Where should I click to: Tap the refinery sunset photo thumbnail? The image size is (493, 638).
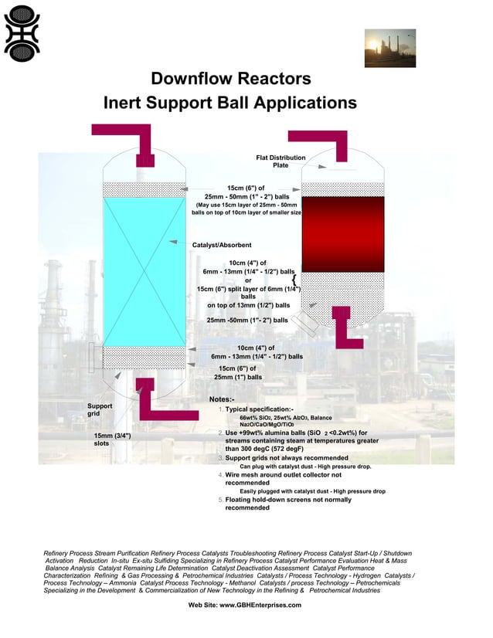[390, 48]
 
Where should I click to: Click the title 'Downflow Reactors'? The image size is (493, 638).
[231, 79]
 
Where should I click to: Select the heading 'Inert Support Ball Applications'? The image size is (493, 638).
[231, 103]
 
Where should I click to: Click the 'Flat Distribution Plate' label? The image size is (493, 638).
[280, 161]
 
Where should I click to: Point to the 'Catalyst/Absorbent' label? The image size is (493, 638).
[222, 245]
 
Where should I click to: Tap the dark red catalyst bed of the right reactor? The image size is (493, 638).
[342, 233]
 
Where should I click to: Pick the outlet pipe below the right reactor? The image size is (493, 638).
[345, 328]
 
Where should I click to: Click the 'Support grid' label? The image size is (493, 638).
[99, 409]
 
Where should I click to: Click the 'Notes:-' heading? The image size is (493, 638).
[222, 399]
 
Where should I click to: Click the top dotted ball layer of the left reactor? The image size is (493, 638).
[144, 189]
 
